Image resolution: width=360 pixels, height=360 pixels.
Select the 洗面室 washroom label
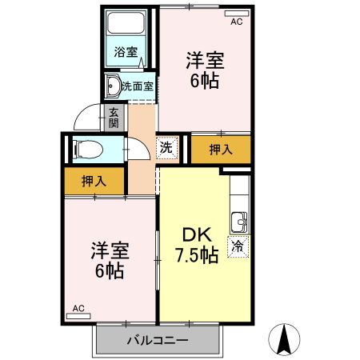click(x=138, y=86)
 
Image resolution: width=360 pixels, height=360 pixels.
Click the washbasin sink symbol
click(x=113, y=86)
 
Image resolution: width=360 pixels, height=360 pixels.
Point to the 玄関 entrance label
click(x=114, y=118)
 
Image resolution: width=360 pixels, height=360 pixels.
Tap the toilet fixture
click(x=86, y=147)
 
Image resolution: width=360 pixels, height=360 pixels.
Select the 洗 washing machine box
click(x=165, y=147)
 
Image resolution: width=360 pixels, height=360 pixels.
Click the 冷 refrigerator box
click(x=238, y=247)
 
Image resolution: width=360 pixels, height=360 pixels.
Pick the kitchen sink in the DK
click(x=238, y=221)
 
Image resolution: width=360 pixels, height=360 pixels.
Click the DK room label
click(x=196, y=235)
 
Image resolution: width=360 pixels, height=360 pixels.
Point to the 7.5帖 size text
click(x=196, y=256)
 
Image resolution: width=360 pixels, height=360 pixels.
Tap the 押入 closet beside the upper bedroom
click(x=221, y=149)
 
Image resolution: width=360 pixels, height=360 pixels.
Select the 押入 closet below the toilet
click(x=94, y=182)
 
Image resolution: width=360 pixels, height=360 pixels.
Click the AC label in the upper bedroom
click(x=236, y=22)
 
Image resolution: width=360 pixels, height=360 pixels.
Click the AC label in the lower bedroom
click(x=78, y=308)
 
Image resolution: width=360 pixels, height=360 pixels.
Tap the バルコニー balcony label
click(x=158, y=342)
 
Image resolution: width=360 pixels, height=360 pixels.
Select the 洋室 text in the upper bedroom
click(x=205, y=60)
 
